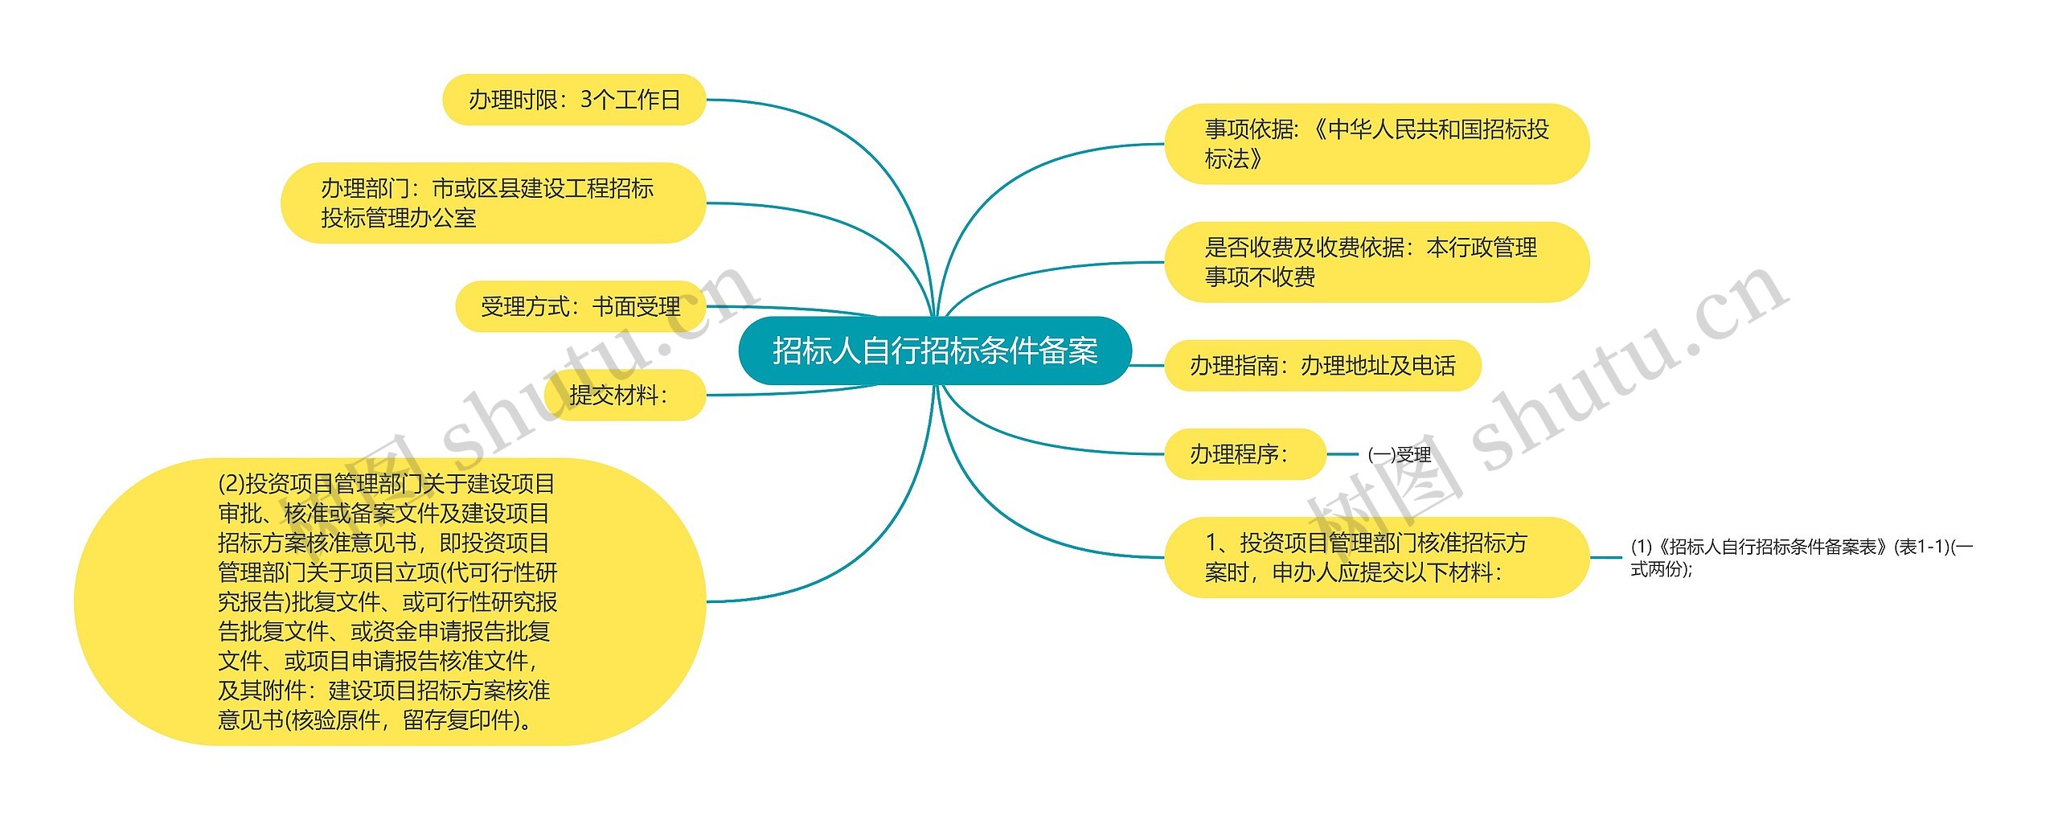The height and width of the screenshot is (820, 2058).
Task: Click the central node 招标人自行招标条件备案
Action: tap(934, 351)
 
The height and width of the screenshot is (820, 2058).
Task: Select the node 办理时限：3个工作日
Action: tap(574, 100)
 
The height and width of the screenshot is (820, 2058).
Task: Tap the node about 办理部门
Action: tap(493, 203)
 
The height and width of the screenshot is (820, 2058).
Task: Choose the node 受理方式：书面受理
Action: tap(580, 306)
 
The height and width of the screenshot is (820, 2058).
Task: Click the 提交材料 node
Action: tap(624, 395)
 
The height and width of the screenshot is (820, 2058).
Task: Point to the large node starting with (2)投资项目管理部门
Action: tap(389, 601)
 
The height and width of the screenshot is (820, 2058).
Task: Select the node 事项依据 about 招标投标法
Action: tap(1376, 144)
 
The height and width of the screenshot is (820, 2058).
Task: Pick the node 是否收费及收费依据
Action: tap(1376, 262)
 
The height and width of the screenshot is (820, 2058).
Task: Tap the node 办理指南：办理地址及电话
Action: tap(1322, 366)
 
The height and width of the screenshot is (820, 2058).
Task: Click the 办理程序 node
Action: tap(1244, 454)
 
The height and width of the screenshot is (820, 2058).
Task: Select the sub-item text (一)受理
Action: tap(1399, 455)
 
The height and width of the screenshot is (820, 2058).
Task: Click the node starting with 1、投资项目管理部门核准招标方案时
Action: tap(1376, 557)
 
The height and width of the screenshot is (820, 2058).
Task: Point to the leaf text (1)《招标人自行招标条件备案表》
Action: tap(1801, 557)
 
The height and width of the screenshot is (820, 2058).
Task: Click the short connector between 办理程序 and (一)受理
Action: tap(1342, 454)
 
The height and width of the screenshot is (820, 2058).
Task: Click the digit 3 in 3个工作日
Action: tap(586, 100)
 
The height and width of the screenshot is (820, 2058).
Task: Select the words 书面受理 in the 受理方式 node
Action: tap(636, 306)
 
